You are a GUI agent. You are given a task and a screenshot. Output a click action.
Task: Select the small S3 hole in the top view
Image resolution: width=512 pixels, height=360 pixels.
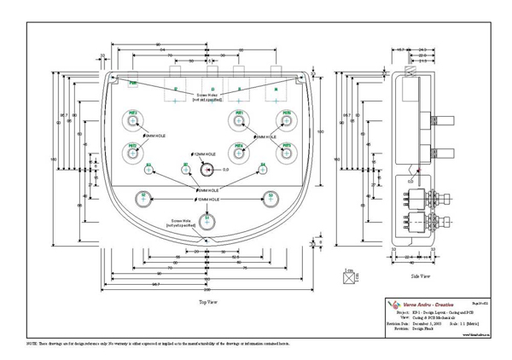tap(148, 168)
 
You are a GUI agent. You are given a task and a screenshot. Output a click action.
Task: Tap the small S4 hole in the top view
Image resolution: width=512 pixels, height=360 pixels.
tap(263, 168)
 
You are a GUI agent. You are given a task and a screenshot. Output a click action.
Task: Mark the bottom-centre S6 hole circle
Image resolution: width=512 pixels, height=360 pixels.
tap(207, 223)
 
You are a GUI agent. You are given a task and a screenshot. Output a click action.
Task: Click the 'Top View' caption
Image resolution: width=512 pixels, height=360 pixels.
tap(207, 302)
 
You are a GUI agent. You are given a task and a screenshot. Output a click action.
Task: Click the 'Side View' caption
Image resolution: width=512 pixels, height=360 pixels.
tap(420, 277)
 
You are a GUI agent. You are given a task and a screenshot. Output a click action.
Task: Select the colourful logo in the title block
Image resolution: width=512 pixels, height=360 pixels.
tap(393, 305)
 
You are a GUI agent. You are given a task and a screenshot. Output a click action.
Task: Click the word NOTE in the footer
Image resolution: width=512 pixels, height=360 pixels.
tap(34, 341)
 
